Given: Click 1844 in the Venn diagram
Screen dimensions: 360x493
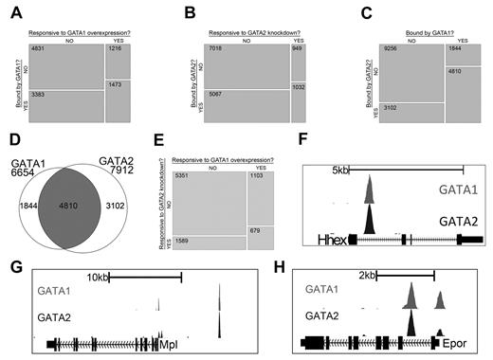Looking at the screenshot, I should click(x=28, y=206).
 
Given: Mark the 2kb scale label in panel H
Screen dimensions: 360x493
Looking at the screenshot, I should click(x=368, y=276).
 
